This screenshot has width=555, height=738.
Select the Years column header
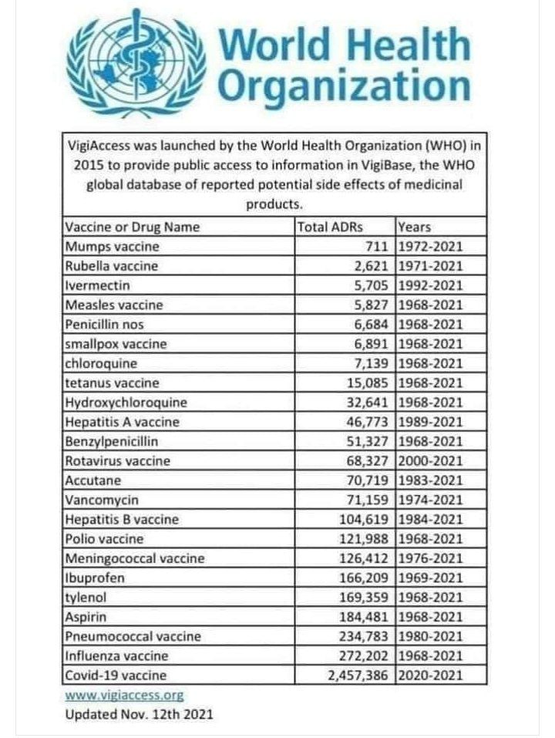(x=415, y=227)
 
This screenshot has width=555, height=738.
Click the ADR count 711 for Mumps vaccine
(x=378, y=246)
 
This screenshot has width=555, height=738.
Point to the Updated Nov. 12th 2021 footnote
(x=139, y=714)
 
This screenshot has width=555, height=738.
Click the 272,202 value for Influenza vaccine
(x=361, y=656)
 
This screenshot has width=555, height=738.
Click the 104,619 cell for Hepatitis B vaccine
(x=361, y=520)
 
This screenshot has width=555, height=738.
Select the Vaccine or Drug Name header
(x=132, y=227)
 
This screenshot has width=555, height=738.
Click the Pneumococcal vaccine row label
(x=133, y=637)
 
